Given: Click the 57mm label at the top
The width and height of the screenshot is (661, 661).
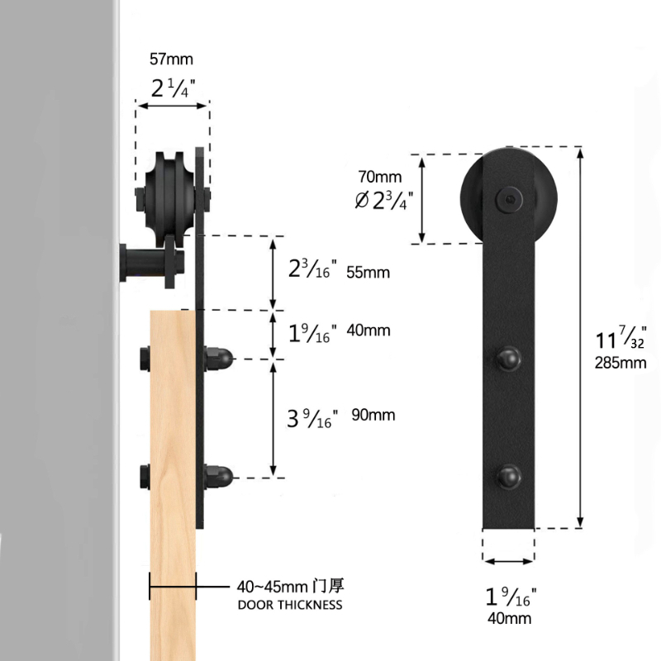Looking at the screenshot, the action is click(x=171, y=59).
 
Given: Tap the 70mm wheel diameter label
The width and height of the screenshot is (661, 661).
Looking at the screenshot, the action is click(x=380, y=177).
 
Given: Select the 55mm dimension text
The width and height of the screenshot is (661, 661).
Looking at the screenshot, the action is click(x=368, y=273).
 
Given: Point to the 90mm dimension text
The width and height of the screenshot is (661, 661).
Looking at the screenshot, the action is click(x=373, y=415).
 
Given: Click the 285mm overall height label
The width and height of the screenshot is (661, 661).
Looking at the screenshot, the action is click(x=621, y=363).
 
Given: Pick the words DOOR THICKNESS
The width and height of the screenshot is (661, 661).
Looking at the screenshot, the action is click(x=290, y=605).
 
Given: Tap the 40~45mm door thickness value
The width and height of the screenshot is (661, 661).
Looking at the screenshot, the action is click(x=272, y=587).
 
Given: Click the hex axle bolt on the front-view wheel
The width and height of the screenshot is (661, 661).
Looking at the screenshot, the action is click(x=509, y=198).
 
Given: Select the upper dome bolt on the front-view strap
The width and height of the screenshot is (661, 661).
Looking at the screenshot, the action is click(x=509, y=359).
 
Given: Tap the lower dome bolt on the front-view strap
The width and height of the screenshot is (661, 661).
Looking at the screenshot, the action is click(x=509, y=477).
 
